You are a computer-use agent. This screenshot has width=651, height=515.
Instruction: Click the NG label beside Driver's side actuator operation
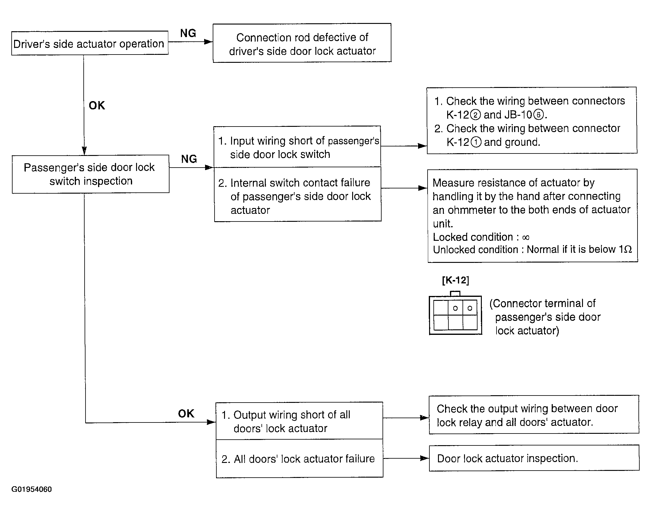coord(188,33)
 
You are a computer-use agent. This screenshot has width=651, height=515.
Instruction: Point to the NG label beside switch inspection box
coord(189,159)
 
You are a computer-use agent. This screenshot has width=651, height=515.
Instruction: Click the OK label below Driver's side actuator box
coord(97,105)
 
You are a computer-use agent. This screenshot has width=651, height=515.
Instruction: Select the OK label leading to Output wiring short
coord(186,414)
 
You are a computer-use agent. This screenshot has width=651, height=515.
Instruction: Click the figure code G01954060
coord(32,489)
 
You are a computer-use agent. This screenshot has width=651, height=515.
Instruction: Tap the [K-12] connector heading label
coord(455,280)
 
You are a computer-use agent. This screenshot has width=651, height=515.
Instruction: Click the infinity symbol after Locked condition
coord(526,237)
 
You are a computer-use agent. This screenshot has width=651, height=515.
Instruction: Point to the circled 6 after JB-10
coord(538,115)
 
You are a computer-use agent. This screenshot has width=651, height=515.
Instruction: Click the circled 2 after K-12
coord(475,115)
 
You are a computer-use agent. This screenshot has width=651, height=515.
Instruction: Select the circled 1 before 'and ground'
coord(476,142)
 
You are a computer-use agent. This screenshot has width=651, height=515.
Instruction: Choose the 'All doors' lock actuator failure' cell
coord(299,458)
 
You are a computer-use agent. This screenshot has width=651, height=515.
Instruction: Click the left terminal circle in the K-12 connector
coord(455,308)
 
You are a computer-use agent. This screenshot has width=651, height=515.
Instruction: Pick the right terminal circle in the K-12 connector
coord(470,308)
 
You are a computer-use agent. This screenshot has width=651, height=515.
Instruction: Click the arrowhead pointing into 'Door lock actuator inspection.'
coord(424,458)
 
